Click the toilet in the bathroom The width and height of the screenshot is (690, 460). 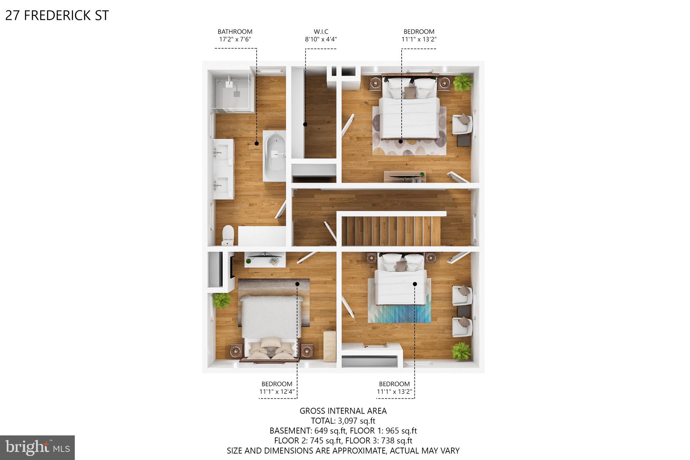coord(228,234)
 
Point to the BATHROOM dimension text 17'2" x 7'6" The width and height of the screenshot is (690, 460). coord(235,39)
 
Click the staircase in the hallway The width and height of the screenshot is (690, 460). coord(391,231)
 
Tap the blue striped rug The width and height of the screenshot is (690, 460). coord(399,313)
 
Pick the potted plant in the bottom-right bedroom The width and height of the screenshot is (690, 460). coord(461,351)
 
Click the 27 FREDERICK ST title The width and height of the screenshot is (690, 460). coord(57,16)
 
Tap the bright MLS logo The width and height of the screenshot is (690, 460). coord(37,448)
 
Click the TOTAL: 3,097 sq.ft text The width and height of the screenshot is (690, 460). coord(343,421)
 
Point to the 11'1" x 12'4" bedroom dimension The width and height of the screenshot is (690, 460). coord(277,392)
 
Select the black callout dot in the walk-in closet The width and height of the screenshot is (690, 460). coord(305,124)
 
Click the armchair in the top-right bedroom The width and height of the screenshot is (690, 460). coord(462,124)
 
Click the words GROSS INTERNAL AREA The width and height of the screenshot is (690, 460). coord(343,411)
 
